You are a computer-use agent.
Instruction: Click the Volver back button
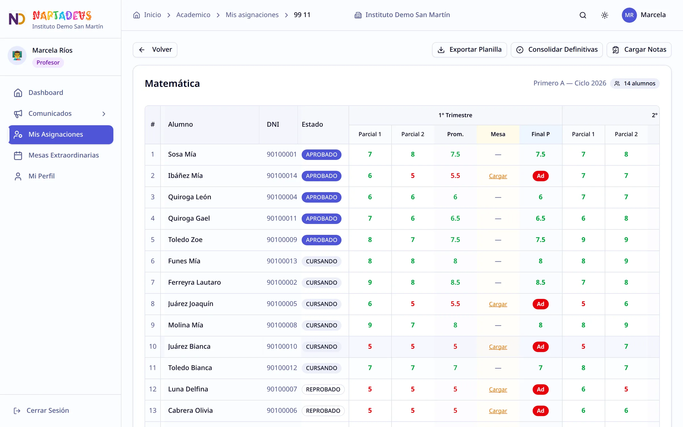coord(155,50)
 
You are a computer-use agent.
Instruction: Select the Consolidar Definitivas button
coord(557,50)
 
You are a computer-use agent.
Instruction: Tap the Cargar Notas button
coord(639,50)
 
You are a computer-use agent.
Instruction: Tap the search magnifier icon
coord(583,15)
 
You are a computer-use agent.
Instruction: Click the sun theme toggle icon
coord(605,15)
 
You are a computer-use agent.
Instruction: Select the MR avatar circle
coord(629,15)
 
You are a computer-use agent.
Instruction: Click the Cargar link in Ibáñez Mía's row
coord(498,176)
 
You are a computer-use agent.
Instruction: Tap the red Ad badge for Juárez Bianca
coord(540,347)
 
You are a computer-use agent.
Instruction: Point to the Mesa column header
coord(498,134)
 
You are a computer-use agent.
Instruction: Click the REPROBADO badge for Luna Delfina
coord(323,389)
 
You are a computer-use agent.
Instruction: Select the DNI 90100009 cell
coord(282,240)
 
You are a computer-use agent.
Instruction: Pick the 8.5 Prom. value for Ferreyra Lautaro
coord(455,283)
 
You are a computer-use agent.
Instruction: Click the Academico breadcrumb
coord(193,15)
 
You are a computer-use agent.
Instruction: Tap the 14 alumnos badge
coord(635,84)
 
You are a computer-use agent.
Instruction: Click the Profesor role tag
coord(48,63)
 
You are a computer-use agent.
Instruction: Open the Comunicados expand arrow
coord(104,114)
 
